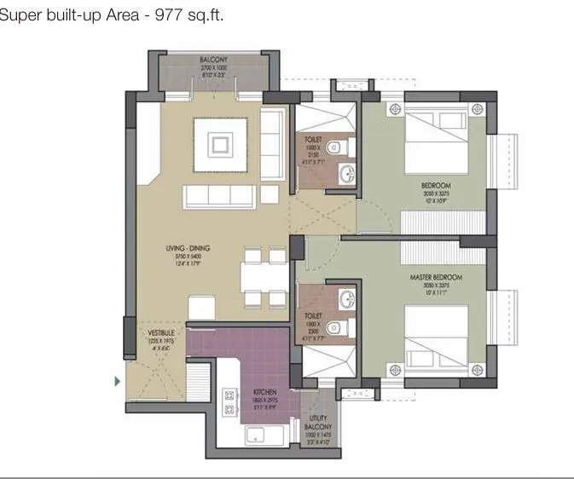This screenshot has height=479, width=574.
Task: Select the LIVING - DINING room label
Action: pyautogui.click(x=188, y=249)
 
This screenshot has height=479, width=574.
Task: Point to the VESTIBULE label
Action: pyautogui.click(x=160, y=332)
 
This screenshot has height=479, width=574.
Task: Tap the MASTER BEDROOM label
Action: pyautogui.click(x=441, y=278)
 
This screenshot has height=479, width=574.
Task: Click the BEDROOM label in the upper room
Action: pyautogui.click(x=435, y=185)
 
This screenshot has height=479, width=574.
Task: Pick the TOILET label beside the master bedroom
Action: pyautogui.click(x=312, y=316)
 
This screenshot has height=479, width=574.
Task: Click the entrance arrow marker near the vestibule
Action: pyautogui.click(x=117, y=382)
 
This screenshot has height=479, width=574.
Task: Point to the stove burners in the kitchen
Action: pyautogui.click(x=229, y=402)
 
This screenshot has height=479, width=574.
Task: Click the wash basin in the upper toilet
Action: pyautogui.click(x=347, y=175)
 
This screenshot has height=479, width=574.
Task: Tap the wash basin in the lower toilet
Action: pyautogui.click(x=347, y=298)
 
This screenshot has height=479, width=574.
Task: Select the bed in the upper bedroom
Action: pyautogui.click(x=437, y=141)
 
